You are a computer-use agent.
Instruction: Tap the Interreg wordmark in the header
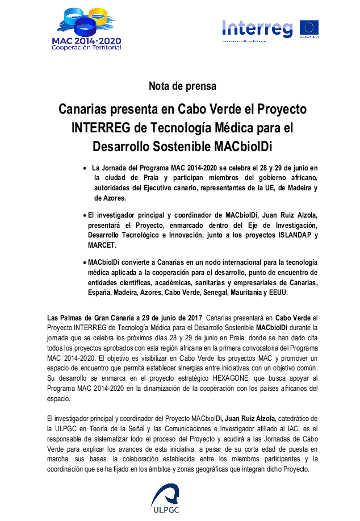point(257,28)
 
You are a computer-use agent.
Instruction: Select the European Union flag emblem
point(309,28)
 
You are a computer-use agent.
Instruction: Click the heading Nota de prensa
point(182,86)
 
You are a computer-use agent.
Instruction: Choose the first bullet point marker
point(85,168)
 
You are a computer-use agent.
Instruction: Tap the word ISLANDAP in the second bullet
point(289,235)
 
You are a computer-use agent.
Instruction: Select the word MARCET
point(103,245)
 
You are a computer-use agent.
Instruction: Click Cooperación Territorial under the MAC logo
point(86,47)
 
